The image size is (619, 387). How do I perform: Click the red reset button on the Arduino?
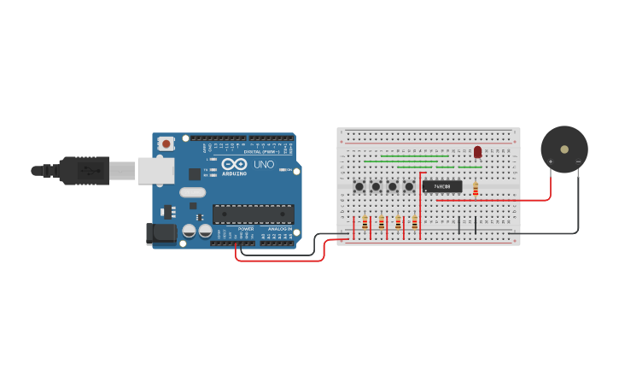(x=166, y=144)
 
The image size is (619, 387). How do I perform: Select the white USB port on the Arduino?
(x=155, y=170)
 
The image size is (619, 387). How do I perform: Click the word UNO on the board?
(x=264, y=164)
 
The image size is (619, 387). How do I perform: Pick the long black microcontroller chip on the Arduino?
(x=254, y=214)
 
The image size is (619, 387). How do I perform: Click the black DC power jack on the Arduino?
(x=161, y=232)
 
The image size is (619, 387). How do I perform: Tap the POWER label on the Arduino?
(x=246, y=229)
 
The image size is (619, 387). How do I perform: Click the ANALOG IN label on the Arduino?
(x=278, y=229)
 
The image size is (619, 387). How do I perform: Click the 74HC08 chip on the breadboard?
(x=442, y=186)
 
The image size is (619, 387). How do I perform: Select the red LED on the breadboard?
(x=477, y=152)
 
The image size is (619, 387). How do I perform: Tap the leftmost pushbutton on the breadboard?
(x=360, y=186)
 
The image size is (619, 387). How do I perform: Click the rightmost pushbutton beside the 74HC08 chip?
(x=409, y=186)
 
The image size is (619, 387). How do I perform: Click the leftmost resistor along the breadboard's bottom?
(x=365, y=223)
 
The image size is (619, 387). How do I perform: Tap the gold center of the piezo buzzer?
(x=564, y=149)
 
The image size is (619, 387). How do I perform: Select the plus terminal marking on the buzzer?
(x=550, y=161)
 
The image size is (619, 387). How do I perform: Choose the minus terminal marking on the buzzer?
(x=578, y=161)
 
